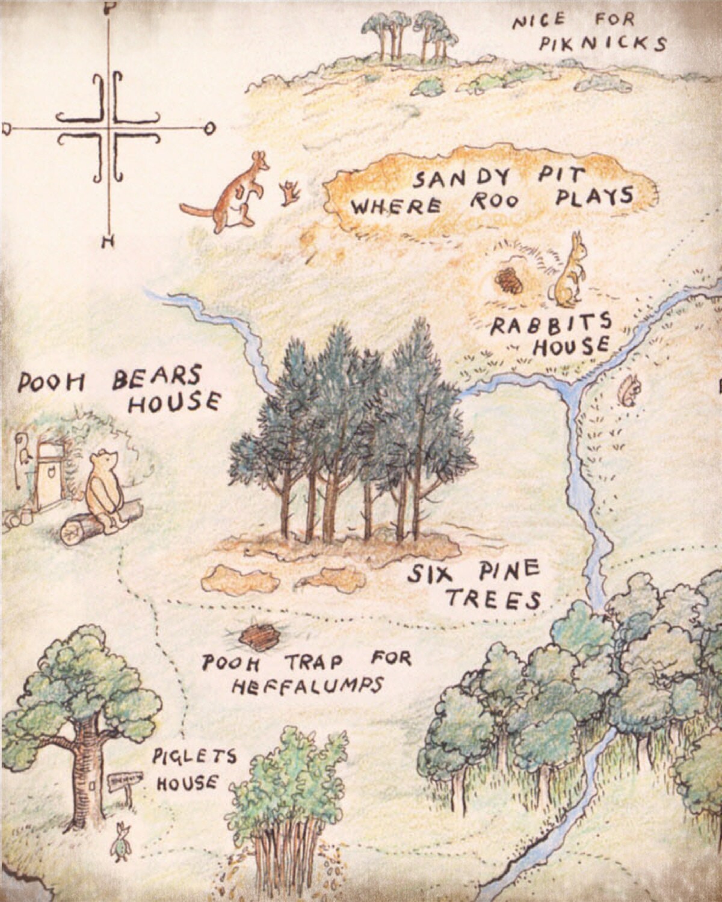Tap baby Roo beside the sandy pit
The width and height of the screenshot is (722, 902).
point(292,192)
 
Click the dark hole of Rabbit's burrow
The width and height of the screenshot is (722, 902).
point(509,280)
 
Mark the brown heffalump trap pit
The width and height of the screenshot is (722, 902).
point(261,637)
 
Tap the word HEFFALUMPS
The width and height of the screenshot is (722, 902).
point(307,686)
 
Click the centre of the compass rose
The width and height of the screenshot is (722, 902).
point(110,128)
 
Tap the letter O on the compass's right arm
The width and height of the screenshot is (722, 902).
point(209,128)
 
